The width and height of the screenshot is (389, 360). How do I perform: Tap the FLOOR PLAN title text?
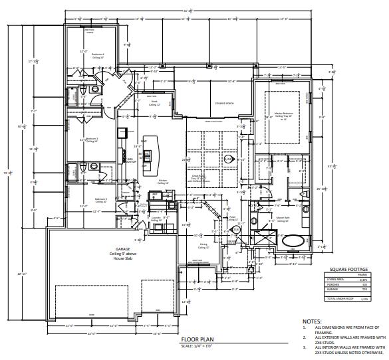[196, 339]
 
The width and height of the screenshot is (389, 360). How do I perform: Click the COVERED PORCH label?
[220, 104]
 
